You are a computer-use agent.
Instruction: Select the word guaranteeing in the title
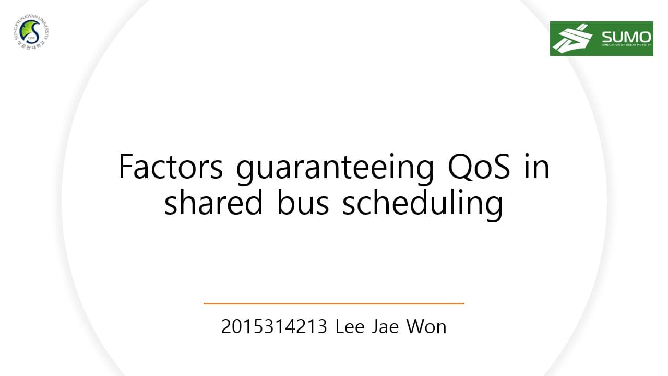click(x=335, y=168)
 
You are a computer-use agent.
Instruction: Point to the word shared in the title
click(x=213, y=203)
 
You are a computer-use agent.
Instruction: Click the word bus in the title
click(x=303, y=203)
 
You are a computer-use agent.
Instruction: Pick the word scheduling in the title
click(x=422, y=205)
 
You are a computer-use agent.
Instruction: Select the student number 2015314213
click(x=274, y=327)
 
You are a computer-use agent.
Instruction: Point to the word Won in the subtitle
click(x=426, y=327)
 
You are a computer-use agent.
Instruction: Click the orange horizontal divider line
click(x=333, y=303)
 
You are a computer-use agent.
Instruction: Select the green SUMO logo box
click(x=601, y=39)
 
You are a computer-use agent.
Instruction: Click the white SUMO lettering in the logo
click(x=626, y=37)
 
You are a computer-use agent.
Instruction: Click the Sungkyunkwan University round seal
click(x=31, y=32)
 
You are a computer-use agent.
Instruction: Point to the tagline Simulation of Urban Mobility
click(x=626, y=45)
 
